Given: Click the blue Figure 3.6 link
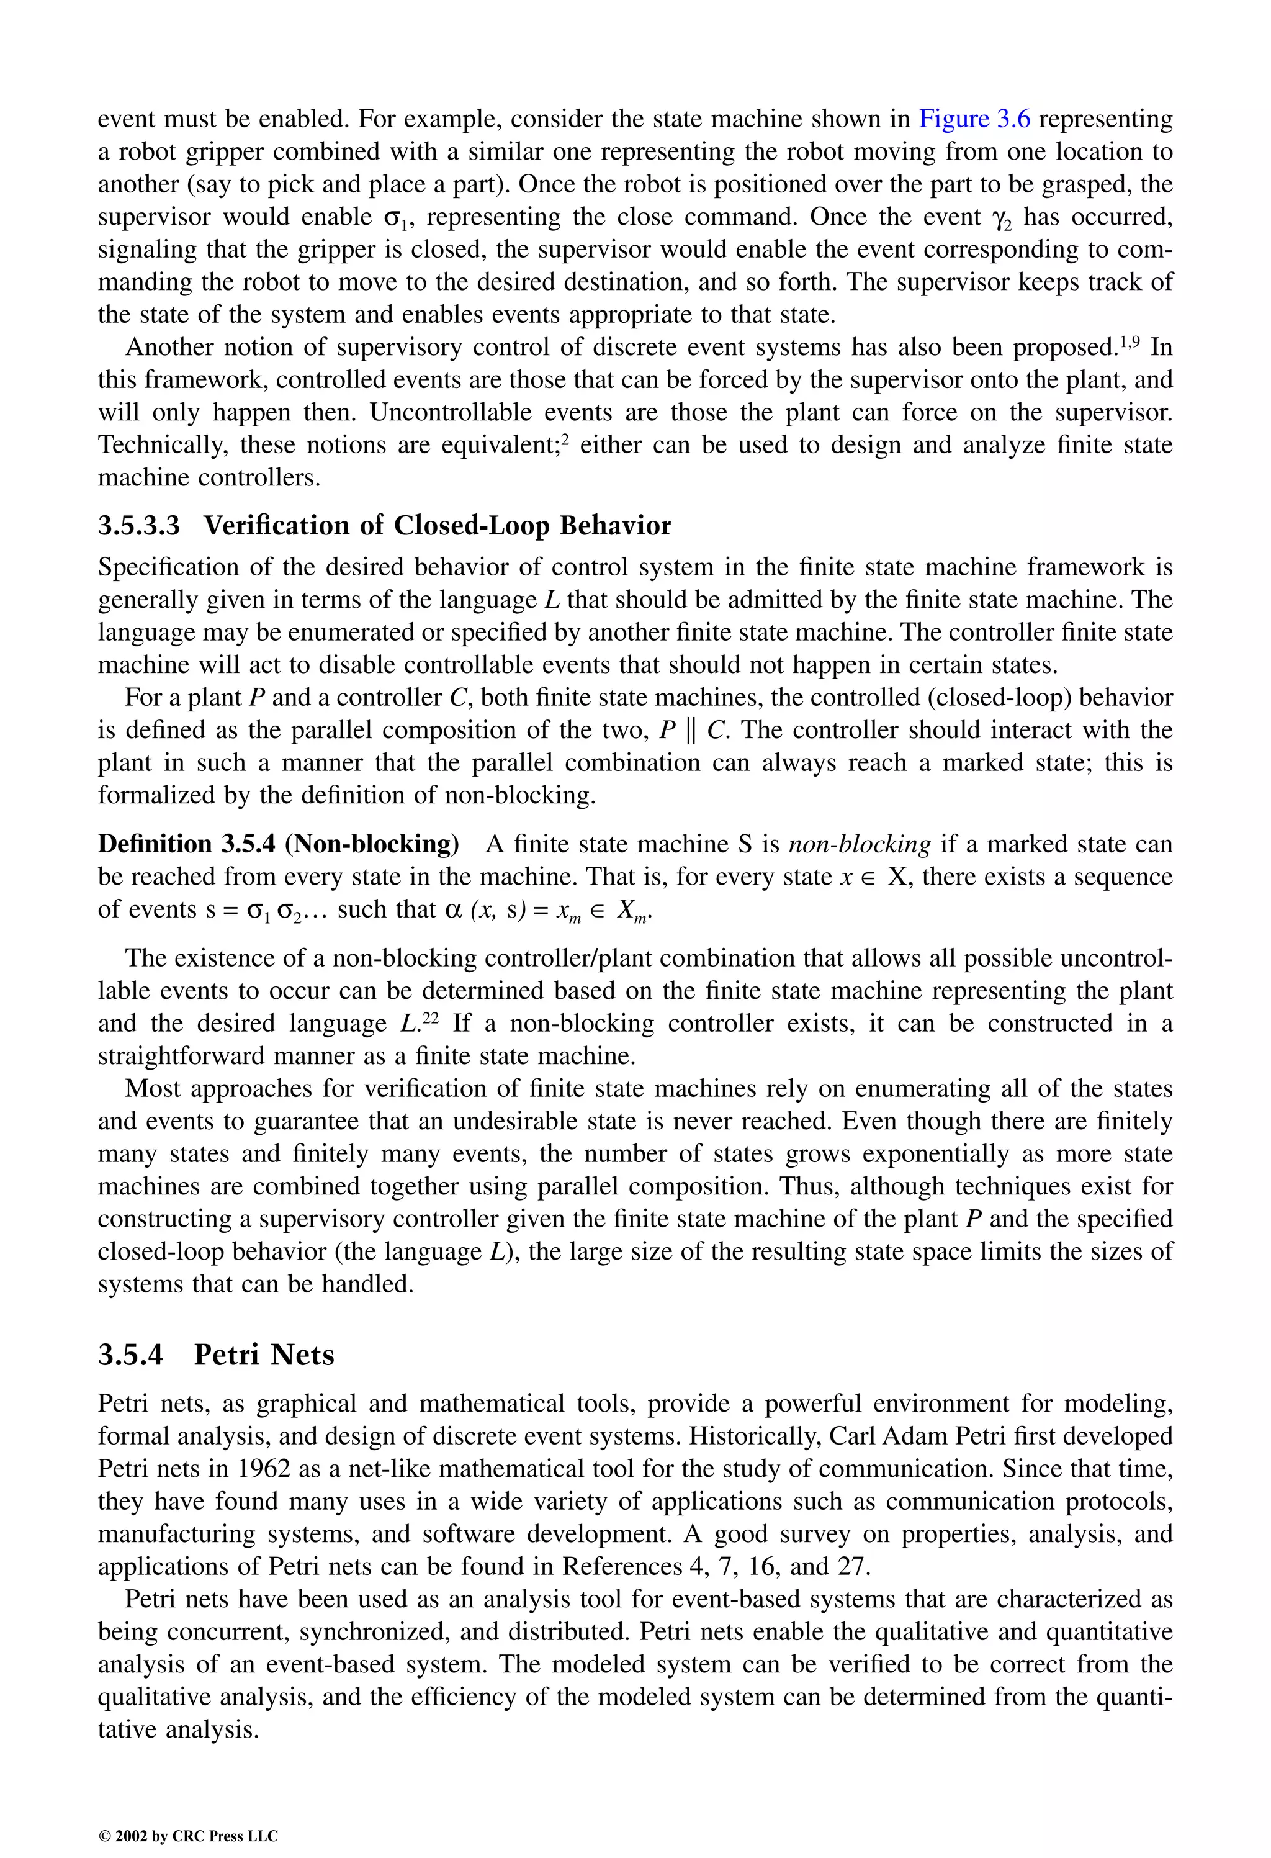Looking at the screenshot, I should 974,119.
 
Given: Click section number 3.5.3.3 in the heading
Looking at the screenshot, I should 139,526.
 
